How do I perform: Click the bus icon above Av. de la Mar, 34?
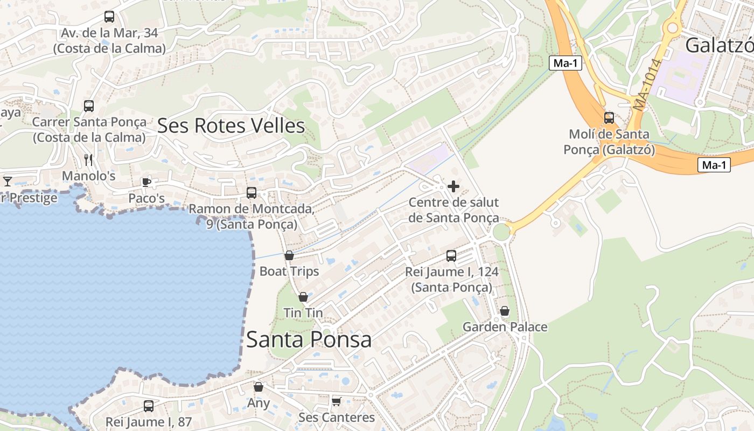coord(109,17)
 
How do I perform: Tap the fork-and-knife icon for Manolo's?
coord(89,160)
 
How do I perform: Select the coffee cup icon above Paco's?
coord(146,182)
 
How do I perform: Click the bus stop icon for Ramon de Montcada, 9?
coord(252,193)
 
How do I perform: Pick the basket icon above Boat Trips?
coord(289,255)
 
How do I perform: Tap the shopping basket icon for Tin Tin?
coord(303,297)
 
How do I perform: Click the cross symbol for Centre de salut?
coord(453,186)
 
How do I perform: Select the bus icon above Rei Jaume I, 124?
coord(451,256)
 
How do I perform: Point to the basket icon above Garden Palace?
coord(505,311)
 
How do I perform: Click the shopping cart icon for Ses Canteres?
coord(337,401)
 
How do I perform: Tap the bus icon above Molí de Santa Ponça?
coord(609,117)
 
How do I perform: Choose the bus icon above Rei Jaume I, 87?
coord(149,406)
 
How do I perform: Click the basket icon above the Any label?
coord(259,387)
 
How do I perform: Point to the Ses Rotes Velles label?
coord(231,126)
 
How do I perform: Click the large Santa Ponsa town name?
coord(309,339)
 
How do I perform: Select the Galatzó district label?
coord(720,46)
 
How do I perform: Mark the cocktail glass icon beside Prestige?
coord(8,181)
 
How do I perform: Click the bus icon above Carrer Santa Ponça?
coord(89,106)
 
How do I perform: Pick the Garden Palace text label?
coord(505,327)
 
